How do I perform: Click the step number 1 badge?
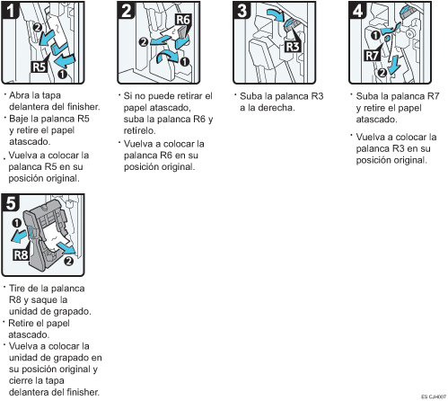[11, 11]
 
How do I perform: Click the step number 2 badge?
[127, 11]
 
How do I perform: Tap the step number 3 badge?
[242, 11]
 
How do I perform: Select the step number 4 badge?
[358, 11]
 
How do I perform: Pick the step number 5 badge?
[11, 203]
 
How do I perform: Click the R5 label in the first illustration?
[40, 67]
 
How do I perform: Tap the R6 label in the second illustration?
[183, 20]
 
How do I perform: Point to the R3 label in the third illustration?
[292, 47]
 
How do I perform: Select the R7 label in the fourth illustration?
[372, 56]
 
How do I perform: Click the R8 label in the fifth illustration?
[21, 255]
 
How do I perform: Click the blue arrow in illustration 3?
[275, 14]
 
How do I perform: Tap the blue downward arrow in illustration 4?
[394, 64]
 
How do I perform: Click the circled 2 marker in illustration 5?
[68, 261]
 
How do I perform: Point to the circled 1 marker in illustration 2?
[185, 61]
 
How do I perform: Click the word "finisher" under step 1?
[83, 107]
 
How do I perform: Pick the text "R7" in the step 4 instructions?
[432, 96]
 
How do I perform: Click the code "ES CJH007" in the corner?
[434, 397]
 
